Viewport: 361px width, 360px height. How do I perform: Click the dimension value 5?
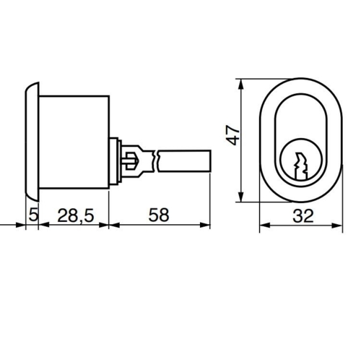pyautogui.click(x=32, y=214)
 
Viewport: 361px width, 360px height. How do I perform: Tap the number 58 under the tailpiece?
pyautogui.click(x=160, y=214)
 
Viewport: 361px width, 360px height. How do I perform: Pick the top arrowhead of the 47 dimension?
pyautogui.click(x=243, y=82)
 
